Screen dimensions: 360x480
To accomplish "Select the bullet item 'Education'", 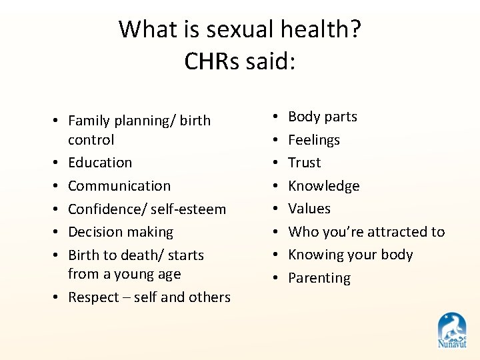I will pyautogui.click(x=100, y=163).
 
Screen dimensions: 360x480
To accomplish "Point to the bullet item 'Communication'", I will pyautogui.click(x=119, y=186).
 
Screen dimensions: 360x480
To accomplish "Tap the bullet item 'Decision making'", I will pyautogui.click(x=121, y=232).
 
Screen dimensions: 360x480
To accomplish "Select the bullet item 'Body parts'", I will pyautogui.click(x=323, y=117).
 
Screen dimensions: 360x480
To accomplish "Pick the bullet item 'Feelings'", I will pyautogui.click(x=314, y=140).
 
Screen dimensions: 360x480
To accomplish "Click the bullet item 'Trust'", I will pyautogui.click(x=305, y=163).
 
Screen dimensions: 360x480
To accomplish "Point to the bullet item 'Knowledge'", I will pyautogui.click(x=324, y=186).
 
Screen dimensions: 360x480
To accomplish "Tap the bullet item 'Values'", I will pyautogui.click(x=309, y=209).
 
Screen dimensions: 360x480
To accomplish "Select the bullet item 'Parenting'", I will pyautogui.click(x=319, y=278).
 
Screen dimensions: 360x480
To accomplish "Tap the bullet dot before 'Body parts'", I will pyautogui.click(x=276, y=117).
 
